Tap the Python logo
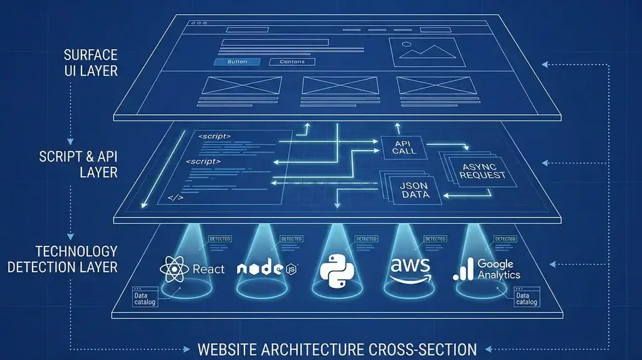pos(337,269)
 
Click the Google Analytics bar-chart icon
pos(463,270)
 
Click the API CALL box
pos(401,147)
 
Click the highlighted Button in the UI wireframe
pos(237,62)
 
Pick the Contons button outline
pos(292,62)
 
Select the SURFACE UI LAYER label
pos(90,63)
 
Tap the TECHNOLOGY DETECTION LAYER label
pos(63,259)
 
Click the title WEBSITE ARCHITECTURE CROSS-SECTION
pos(337,349)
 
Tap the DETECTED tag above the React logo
pos(219,239)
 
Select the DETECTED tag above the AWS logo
pos(434,239)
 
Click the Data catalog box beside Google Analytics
pos(526,297)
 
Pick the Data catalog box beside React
pos(145,299)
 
